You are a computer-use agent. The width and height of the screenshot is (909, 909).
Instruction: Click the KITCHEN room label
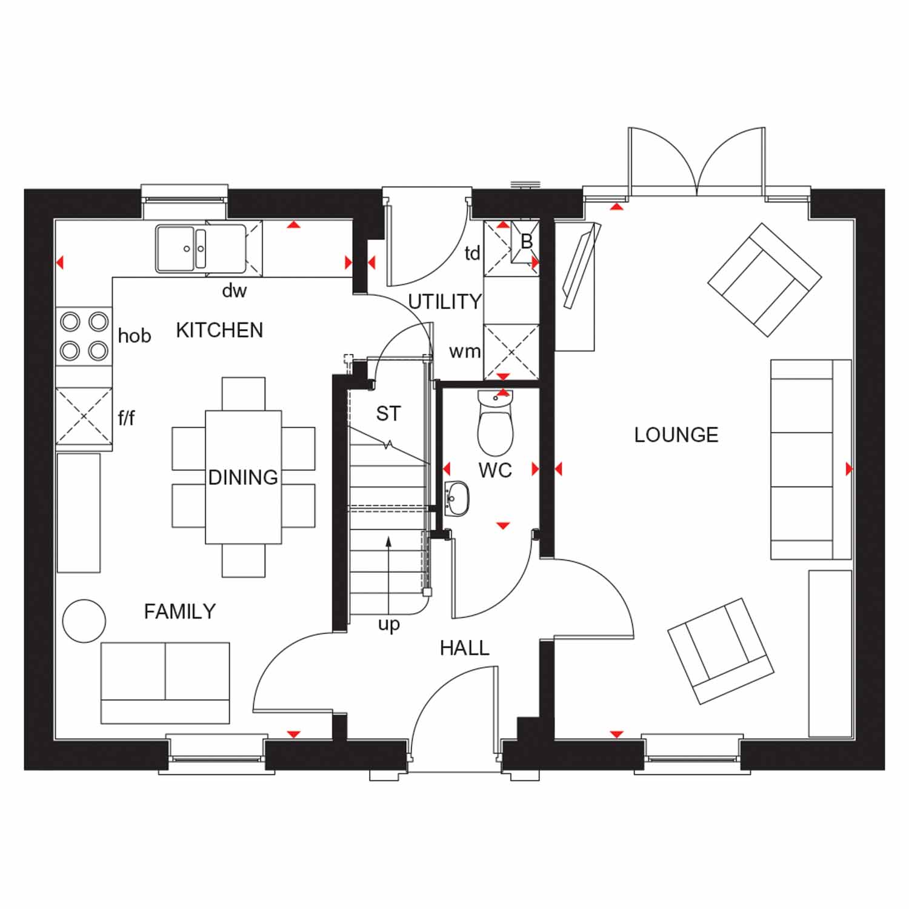[219, 330]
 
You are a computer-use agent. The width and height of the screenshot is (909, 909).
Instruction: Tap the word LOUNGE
[676, 435]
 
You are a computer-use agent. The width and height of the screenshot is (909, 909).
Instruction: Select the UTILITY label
[445, 301]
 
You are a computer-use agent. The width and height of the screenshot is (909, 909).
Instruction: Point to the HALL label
[464, 648]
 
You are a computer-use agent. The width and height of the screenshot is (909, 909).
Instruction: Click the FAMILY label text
[180, 611]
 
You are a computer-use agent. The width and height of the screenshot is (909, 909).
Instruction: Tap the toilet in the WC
[496, 423]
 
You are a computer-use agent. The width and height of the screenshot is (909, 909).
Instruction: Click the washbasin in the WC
[456, 499]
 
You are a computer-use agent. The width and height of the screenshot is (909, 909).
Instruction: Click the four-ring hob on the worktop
[84, 336]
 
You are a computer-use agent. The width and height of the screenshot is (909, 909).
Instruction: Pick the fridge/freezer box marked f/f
[84, 415]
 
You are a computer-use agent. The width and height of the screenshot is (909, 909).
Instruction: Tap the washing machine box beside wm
[511, 352]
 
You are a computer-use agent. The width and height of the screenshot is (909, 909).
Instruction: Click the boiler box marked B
[525, 242]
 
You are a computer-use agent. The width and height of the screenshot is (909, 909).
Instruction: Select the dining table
[243, 477]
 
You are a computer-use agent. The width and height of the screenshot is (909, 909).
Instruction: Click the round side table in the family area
[84, 621]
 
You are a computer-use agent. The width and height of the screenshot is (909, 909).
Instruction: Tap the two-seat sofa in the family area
[165, 683]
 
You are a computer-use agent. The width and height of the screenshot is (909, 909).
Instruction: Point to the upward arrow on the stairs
[388, 576]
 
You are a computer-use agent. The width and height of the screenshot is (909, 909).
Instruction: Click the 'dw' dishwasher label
[234, 291]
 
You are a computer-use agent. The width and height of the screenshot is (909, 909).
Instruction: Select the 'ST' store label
[388, 414]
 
